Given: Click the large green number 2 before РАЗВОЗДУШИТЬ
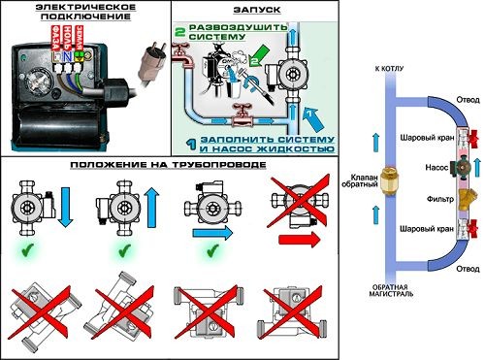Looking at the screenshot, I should coord(178,31).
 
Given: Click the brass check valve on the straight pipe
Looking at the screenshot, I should coord(389,182).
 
